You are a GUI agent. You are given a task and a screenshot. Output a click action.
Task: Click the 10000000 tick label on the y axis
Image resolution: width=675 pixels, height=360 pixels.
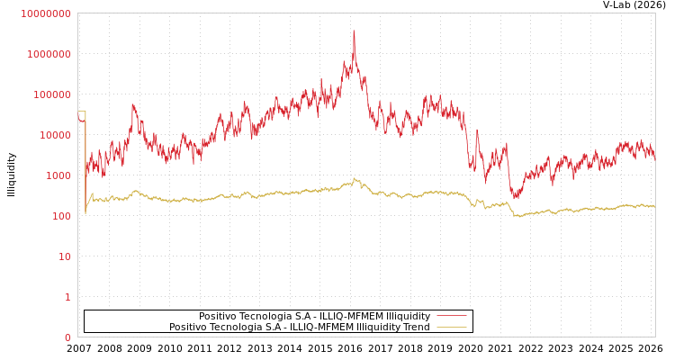coord(45,13)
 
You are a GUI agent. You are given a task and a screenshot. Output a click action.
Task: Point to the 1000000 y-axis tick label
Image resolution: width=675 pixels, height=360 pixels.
coord(49,54)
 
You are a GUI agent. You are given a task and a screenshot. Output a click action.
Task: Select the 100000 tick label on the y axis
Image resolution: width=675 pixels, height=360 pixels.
coord(52,94)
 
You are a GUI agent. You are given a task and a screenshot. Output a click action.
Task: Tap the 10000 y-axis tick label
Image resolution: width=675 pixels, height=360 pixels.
coord(55,135)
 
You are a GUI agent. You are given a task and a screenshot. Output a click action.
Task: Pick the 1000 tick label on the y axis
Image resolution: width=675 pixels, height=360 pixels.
coord(58,175)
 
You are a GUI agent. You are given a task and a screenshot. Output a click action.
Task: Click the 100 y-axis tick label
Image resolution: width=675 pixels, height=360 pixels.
coord(60,216)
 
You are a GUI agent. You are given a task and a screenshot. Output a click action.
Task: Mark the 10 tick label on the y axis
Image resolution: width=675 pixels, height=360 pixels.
coord(64,256)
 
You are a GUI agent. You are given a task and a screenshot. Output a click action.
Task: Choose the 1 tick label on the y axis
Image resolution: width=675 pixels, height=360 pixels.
coord(67,297)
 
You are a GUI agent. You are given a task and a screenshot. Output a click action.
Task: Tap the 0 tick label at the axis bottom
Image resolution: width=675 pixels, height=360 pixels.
coord(67,337)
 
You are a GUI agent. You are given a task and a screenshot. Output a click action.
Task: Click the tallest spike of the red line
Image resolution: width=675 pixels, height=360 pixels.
coord(354,31)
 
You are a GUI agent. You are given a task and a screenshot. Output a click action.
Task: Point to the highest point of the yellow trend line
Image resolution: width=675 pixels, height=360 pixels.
coord(354,178)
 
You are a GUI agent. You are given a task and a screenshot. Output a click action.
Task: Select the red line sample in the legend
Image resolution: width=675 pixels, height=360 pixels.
coord(451,316)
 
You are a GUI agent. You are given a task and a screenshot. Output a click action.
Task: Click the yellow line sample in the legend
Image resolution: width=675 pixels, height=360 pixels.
coord(451,327)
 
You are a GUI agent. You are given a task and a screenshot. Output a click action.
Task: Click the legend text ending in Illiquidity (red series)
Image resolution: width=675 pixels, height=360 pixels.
coord(314,316)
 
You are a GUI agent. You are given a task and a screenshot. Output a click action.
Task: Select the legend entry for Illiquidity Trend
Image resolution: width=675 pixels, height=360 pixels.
coord(300,327)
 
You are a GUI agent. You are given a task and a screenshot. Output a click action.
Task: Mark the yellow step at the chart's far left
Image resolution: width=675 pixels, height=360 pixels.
coord(82,112)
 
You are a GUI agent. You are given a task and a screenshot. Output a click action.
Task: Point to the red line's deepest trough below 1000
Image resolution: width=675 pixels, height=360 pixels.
coord(516,197)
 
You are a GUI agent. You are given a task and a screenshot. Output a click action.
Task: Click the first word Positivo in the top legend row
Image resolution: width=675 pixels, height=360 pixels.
coord(219,316)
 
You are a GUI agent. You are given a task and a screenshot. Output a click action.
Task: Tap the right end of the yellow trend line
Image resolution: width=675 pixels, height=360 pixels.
coord(654,207)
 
